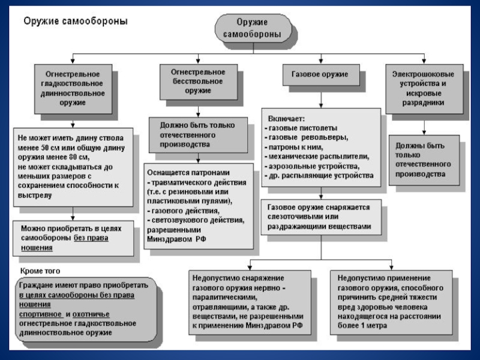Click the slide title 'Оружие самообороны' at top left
75,21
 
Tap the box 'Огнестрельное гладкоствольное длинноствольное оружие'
73,88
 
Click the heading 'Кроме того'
40,271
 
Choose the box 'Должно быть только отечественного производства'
197,135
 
